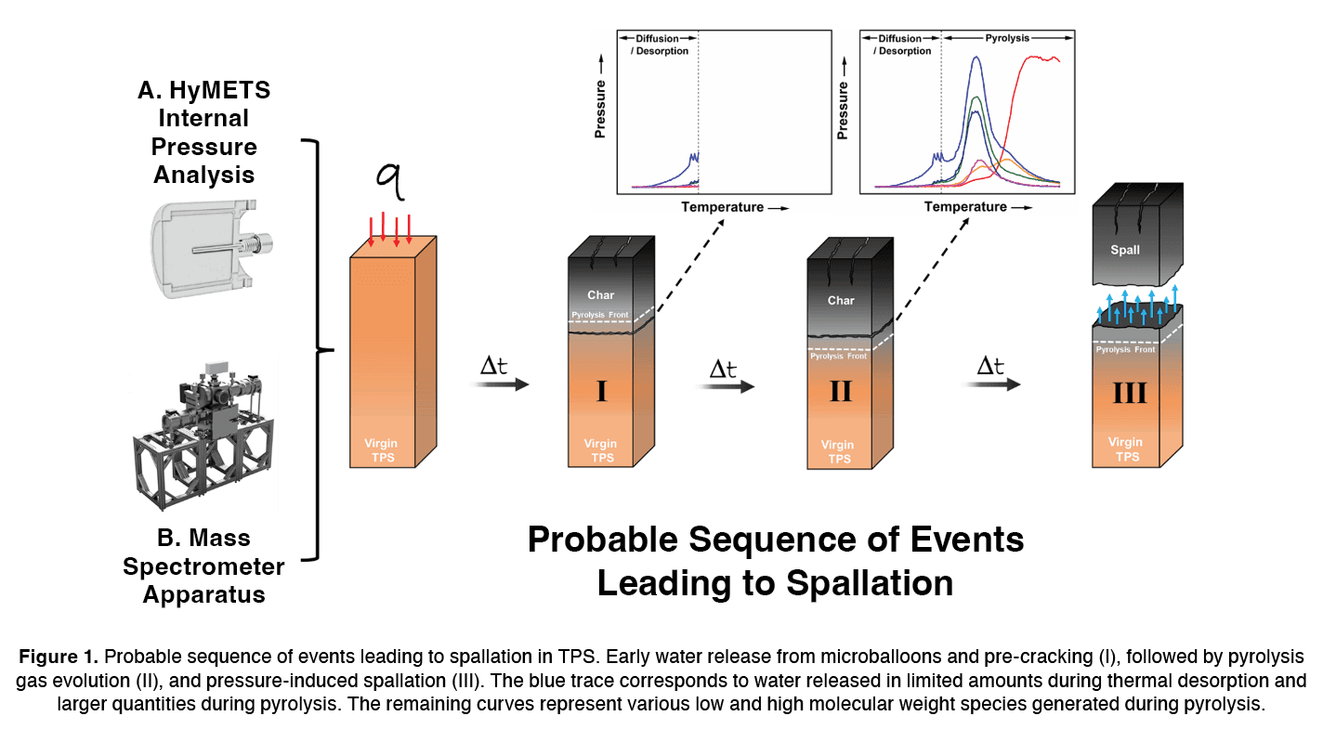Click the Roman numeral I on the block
601,391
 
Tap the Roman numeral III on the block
1128,393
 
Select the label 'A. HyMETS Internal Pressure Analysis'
203,132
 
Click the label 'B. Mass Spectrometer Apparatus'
203,566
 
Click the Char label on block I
601,295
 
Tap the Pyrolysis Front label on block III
1126,349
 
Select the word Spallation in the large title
870,582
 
